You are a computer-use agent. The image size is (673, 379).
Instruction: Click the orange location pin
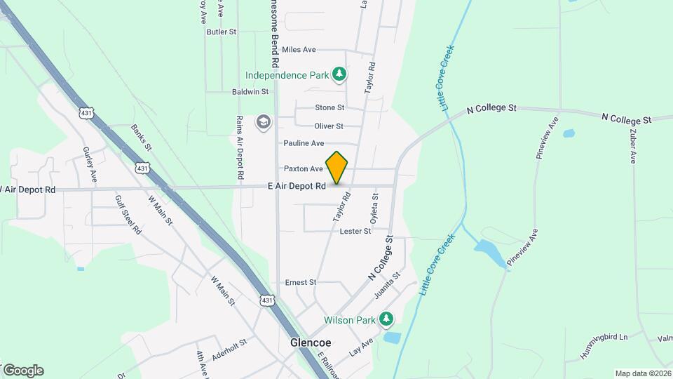pos(337,168)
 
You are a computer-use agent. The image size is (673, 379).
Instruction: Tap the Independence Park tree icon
pos(339,74)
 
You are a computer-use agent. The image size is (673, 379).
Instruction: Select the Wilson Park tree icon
pos(386,320)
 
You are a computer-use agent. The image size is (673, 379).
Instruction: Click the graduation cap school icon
pos(263,122)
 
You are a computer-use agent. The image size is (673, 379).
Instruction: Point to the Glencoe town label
pos(311,343)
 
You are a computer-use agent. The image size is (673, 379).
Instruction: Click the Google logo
pos(22,370)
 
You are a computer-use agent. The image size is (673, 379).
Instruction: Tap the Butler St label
pos(222,32)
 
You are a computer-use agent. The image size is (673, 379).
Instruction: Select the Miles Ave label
pos(299,50)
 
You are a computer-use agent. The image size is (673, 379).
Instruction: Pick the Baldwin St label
pos(250,92)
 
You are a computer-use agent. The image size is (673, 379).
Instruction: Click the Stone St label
pos(329,107)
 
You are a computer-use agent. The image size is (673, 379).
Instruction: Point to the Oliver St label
pos(329,126)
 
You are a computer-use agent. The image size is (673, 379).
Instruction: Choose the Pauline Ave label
pos(304,143)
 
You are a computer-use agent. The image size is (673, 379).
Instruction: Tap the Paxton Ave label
pos(304,168)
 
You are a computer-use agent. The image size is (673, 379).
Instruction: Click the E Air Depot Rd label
pos(297,187)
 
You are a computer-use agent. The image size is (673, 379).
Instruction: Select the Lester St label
pos(355,231)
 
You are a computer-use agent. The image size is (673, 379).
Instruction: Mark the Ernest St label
pos(301,282)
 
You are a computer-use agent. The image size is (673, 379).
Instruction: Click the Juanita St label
pos(387,286)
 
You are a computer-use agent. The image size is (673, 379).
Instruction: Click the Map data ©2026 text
pos(642,373)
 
